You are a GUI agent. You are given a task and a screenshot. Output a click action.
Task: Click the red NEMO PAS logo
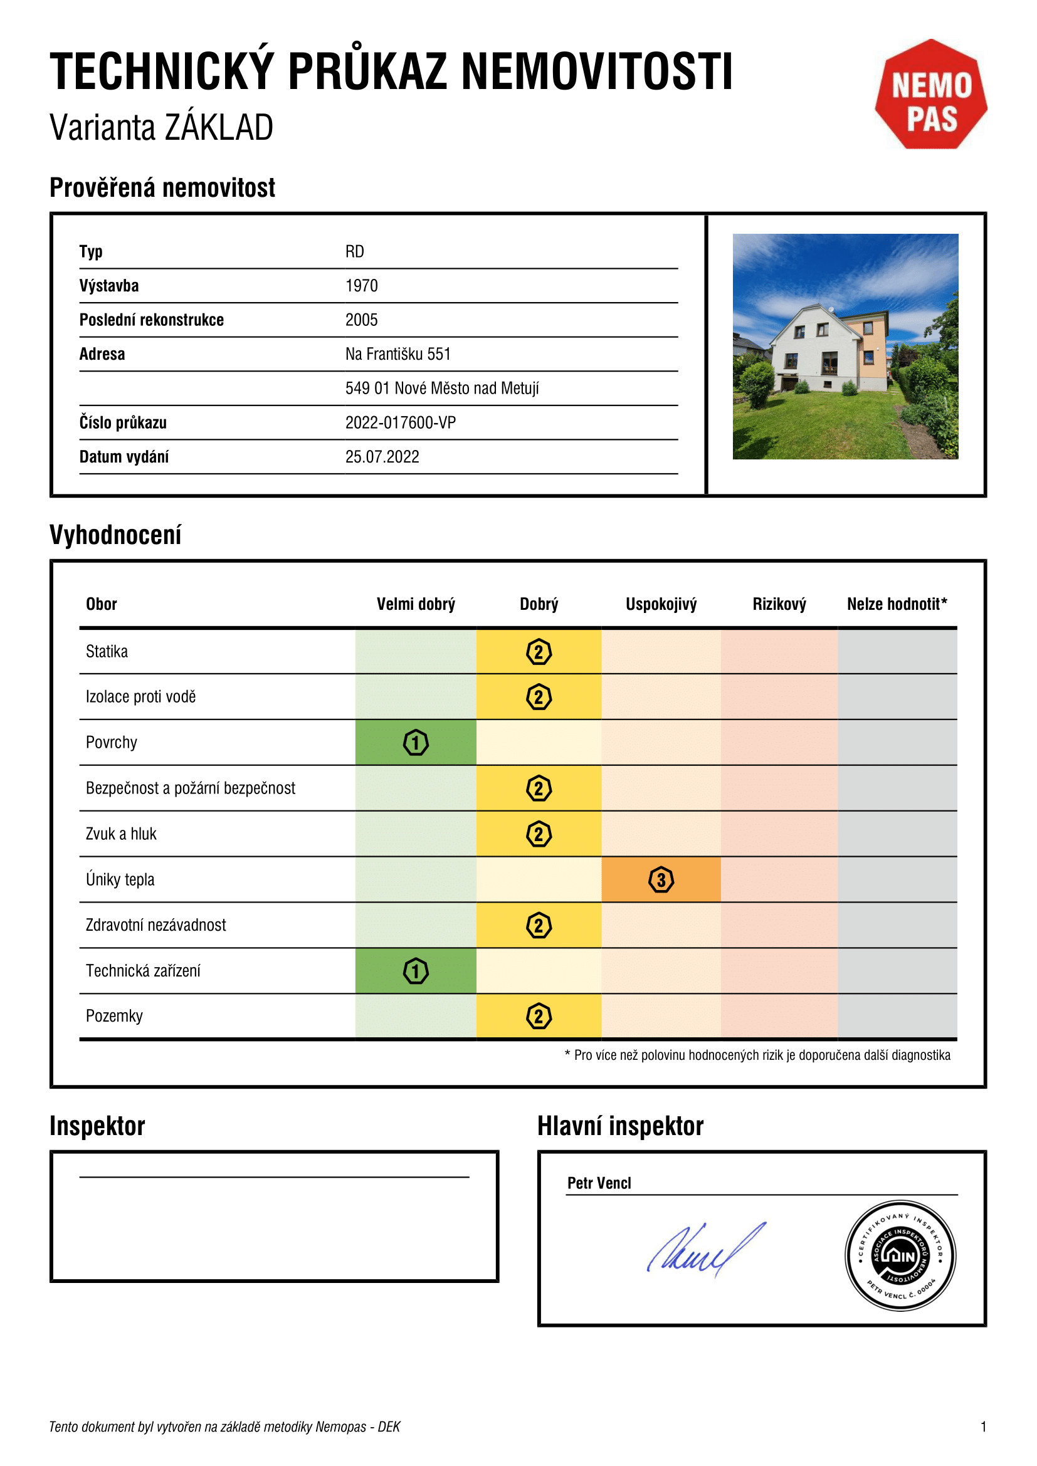(x=930, y=95)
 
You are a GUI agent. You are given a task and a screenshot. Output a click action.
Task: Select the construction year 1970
(x=361, y=285)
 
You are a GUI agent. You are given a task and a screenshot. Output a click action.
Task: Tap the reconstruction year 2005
(x=361, y=320)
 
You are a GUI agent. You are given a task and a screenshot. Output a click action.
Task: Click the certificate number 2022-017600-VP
(x=401, y=422)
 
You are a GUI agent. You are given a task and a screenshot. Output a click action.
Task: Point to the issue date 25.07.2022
(x=382, y=457)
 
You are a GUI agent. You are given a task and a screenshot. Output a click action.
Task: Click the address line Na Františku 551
(x=398, y=354)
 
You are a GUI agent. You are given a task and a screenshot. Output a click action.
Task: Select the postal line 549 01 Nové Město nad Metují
(x=442, y=388)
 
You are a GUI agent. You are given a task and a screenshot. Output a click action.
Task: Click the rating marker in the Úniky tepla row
(x=661, y=880)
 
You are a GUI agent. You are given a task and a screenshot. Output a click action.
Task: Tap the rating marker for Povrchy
(x=416, y=743)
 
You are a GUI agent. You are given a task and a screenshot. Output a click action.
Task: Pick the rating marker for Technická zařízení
(x=416, y=971)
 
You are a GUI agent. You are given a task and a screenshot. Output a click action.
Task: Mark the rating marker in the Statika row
(x=539, y=652)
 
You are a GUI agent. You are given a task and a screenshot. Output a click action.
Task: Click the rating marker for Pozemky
(x=539, y=1016)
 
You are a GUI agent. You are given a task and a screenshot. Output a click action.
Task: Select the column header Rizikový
(x=779, y=604)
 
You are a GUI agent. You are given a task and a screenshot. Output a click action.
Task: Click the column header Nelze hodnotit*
(x=897, y=604)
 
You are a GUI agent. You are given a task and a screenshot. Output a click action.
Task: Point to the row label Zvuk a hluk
(x=122, y=834)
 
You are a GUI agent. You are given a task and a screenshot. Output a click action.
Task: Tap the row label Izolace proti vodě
(x=140, y=696)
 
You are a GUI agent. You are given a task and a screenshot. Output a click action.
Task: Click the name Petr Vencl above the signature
(x=599, y=1183)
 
